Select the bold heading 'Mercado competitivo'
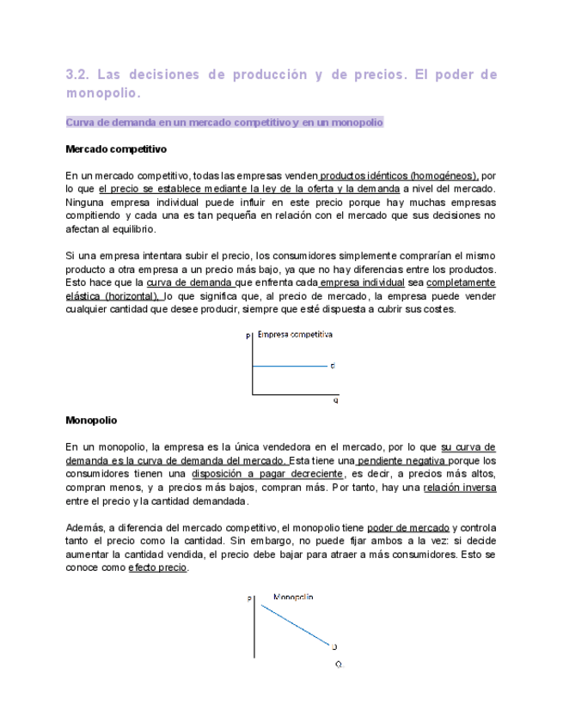point(116,149)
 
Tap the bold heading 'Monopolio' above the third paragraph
point(91,421)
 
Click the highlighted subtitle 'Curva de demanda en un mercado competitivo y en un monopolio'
point(224,123)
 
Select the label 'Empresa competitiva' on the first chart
point(295,334)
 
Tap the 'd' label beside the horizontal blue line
point(333,367)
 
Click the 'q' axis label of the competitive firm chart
point(335,400)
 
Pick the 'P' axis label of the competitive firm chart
point(248,337)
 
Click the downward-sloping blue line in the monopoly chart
point(294,624)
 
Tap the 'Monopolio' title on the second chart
point(293,596)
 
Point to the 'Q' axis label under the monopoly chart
point(339,664)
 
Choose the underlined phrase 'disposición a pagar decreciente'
point(267,473)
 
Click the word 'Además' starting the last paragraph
point(84,527)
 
